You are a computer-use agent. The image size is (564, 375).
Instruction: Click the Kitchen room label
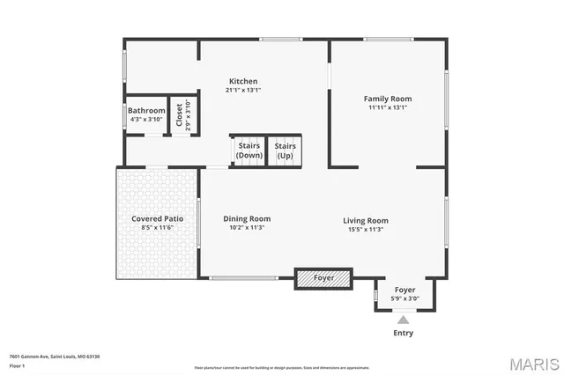click(x=243, y=81)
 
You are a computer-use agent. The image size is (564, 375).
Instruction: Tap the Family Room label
click(x=388, y=99)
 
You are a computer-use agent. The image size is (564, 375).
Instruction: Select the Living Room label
click(x=365, y=220)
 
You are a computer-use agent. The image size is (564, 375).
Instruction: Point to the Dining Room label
click(x=247, y=218)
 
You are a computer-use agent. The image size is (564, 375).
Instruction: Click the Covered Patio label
click(x=157, y=218)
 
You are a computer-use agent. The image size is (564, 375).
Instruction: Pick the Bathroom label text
click(x=146, y=110)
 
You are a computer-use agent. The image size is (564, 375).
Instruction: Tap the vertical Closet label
click(x=180, y=116)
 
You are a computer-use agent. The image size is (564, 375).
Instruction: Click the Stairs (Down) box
click(x=249, y=150)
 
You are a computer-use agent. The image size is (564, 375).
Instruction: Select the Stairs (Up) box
click(x=285, y=150)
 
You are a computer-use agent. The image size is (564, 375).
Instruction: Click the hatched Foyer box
click(x=323, y=278)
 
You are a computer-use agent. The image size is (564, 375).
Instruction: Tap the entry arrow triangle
click(x=404, y=320)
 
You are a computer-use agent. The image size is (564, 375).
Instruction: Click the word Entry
click(x=403, y=333)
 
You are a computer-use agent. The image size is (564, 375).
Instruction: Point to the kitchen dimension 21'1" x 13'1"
click(x=243, y=90)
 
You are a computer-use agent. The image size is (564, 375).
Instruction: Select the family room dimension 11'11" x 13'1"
click(x=388, y=107)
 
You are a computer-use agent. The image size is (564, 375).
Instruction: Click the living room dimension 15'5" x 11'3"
click(x=365, y=229)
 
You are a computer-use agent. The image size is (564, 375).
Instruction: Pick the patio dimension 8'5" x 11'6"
click(x=157, y=227)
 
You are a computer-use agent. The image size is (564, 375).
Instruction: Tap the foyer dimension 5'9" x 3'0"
click(x=404, y=298)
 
